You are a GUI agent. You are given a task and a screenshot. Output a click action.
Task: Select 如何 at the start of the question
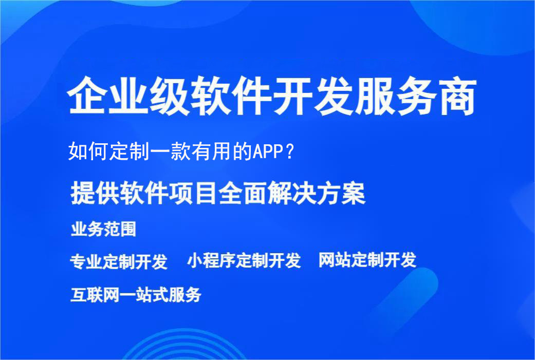tap(87, 152)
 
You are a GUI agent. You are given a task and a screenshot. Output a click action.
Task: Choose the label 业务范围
tap(103, 229)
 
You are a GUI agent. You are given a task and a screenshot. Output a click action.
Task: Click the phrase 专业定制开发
tap(119, 261)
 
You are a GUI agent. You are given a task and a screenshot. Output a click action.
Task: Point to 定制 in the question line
tap(128, 152)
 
